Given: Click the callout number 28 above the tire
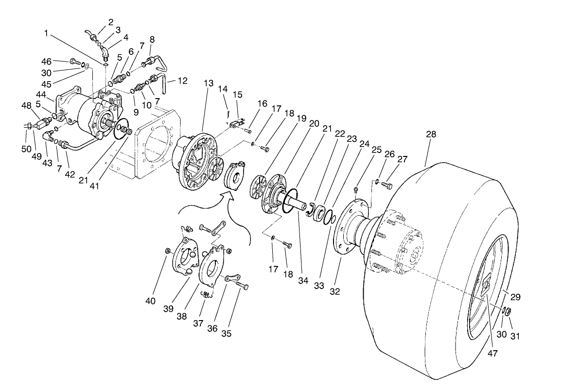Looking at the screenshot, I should point(431,135).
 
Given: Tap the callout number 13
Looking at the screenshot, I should point(209,84).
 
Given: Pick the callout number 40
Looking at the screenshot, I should point(151,301).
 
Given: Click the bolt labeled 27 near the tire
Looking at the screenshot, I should point(387,185).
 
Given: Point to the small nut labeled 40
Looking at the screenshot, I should point(167,251).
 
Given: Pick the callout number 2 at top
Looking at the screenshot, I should point(110,22).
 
